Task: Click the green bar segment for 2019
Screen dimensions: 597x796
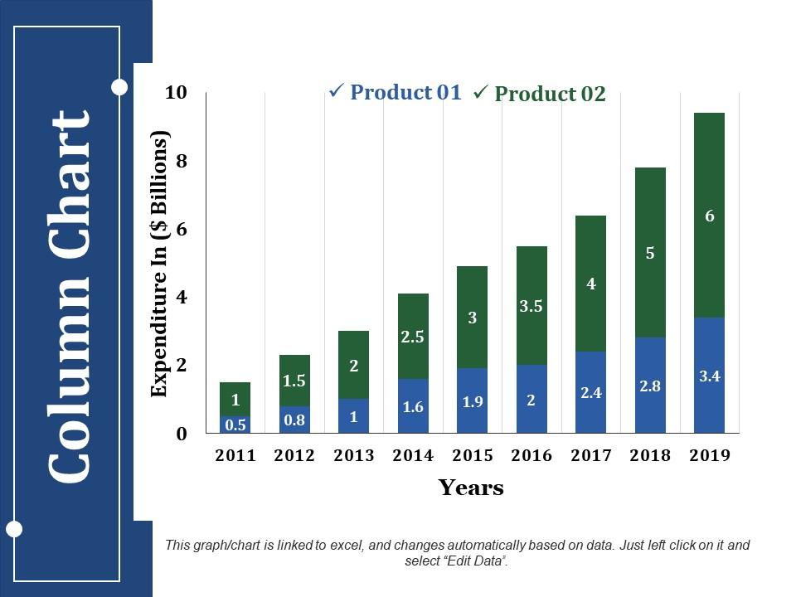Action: coord(709,215)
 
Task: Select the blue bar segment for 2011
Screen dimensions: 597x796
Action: coord(235,425)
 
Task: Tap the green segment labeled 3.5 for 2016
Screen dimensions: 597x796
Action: coord(531,305)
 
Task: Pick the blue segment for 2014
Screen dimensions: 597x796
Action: coord(413,406)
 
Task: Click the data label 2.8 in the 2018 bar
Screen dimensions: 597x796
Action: coord(650,386)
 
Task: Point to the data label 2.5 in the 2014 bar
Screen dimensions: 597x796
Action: coord(413,337)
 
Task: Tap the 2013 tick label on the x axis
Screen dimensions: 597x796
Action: coord(354,455)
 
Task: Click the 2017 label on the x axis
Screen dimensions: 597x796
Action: coord(591,455)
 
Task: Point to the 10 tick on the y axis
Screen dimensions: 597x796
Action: coord(177,92)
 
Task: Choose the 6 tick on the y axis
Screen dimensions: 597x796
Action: coord(182,229)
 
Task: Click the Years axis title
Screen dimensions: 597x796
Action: coord(471,488)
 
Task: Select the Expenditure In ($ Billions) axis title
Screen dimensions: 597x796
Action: coord(159,264)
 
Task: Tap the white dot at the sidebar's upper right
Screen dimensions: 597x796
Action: coord(119,86)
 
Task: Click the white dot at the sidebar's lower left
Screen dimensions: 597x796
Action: coord(14,529)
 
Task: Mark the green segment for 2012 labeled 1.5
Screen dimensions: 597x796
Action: coord(294,380)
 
